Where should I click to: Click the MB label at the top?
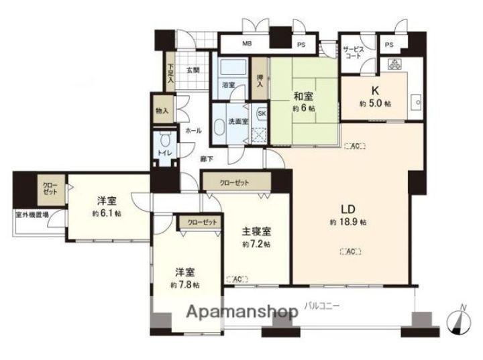pos(247,44)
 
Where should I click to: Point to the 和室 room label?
pos(303,96)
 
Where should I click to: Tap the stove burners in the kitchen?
pos(394,66)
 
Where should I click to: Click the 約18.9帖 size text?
pos(347,221)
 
